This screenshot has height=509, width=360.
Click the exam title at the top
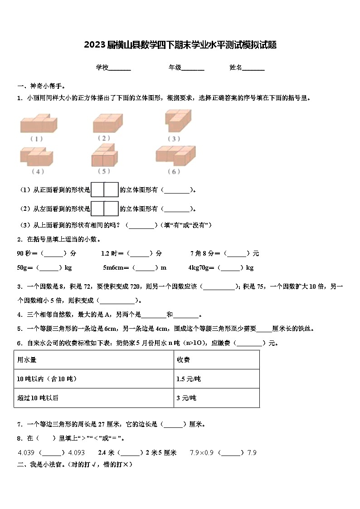tap(180, 45)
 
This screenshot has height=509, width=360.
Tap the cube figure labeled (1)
tap(39, 123)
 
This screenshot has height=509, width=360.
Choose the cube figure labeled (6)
tap(175, 156)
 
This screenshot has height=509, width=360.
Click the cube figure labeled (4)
tap(38, 157)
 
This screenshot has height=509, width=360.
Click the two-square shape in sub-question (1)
tap(105, 189)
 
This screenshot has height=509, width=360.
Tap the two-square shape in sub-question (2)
tap(105, 208)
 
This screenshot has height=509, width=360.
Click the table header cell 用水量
tap(27, 359)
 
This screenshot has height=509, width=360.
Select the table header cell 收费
tap(183, 359)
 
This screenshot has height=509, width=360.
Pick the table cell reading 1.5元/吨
tap(188, 379)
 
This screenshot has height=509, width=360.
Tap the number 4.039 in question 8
tap(26, 452)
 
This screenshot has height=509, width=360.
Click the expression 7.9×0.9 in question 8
tap(201, 452)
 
